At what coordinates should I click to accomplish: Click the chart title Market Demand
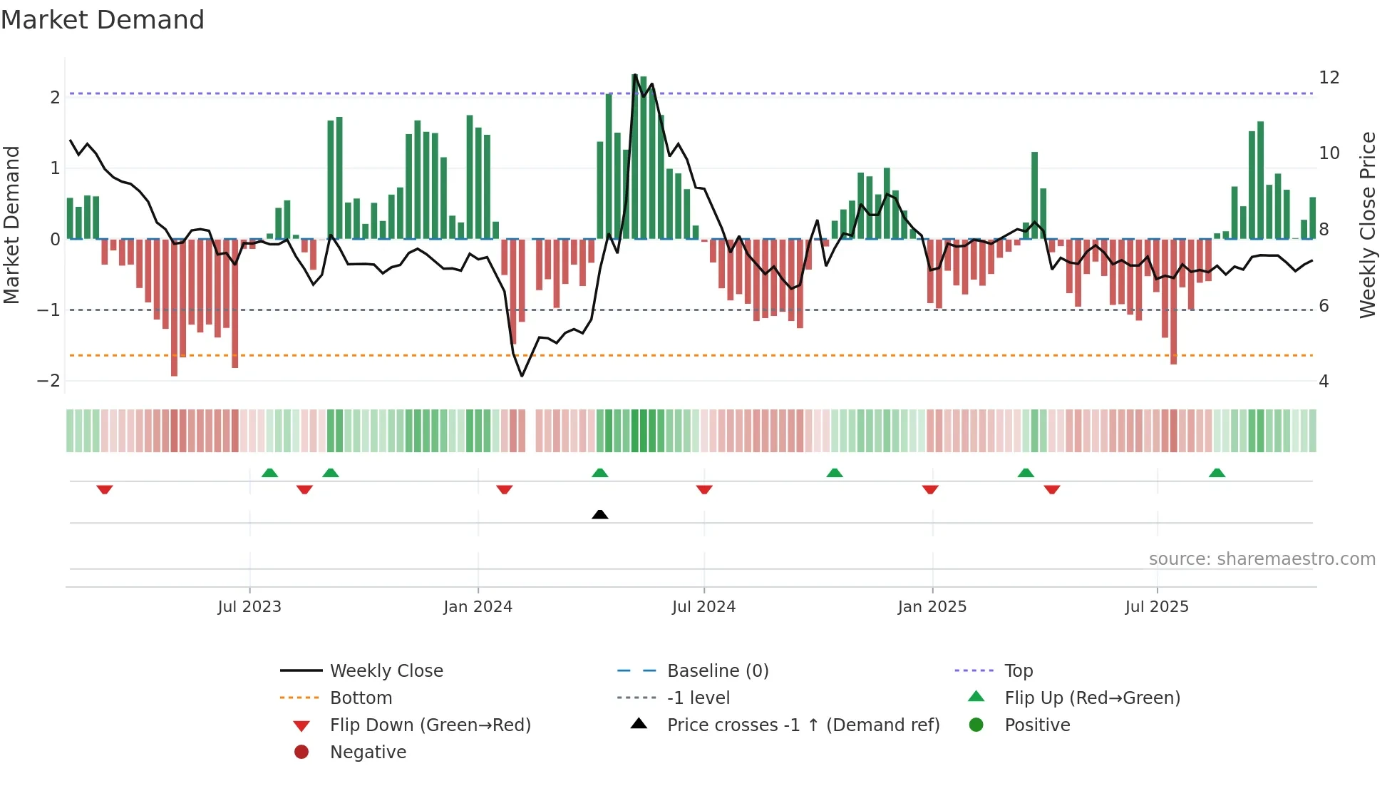coord(103,20)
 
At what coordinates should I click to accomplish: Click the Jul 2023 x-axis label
coord(249,607)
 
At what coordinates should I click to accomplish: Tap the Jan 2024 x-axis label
coord(478,607)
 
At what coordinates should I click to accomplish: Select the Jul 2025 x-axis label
coord(1157,607)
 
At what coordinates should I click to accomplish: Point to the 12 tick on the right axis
coord(1329,78)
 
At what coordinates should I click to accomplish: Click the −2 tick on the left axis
coord(48,381)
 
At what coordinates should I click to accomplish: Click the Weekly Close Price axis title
coord(1367,225)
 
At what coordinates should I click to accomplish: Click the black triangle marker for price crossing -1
coord(600,514)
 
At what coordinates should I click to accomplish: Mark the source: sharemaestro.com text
coord(1262,559)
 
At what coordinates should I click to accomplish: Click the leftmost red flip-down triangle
coord(105,489)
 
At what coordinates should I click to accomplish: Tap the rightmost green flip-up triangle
coord(1217,473)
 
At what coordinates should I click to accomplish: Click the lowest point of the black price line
coord(522,376)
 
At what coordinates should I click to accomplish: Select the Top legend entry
coord(1019,671)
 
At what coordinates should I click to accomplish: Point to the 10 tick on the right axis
coord(1329,153)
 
